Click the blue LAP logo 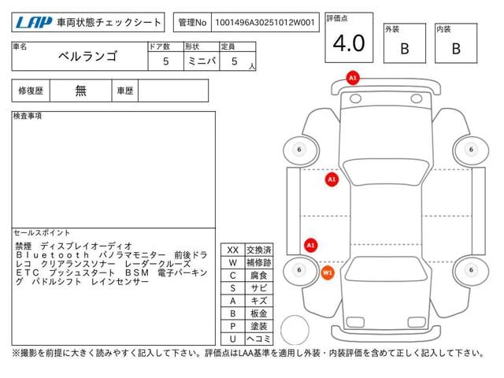click(x=34, y=23)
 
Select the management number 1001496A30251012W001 click(x=265, y=23)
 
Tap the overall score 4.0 click(x=349, y=43)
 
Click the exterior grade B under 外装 click(x=405, y=49)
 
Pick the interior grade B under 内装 click(x=456, y=49)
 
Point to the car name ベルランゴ click(x=87, y=56)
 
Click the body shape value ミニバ click(x=202, y=61)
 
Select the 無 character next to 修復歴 click(x=80, y=91)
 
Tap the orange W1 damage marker click(x=328, y=273)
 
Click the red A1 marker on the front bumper click(x=353, y=78)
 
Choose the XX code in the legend click(x=233, y=250)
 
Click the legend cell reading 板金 click(x=259, y=313)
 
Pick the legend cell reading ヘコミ click(x=259, y=339)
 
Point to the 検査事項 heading click(x=28, y=116)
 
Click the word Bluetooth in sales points click(x=53, y=255)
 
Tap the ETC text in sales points click(x=28, y=273)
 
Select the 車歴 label click(x=125, y=91)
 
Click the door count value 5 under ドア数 click(x=166, y=61)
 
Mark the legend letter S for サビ click(x=233, y=288)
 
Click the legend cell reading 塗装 click(x=259, y=326)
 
